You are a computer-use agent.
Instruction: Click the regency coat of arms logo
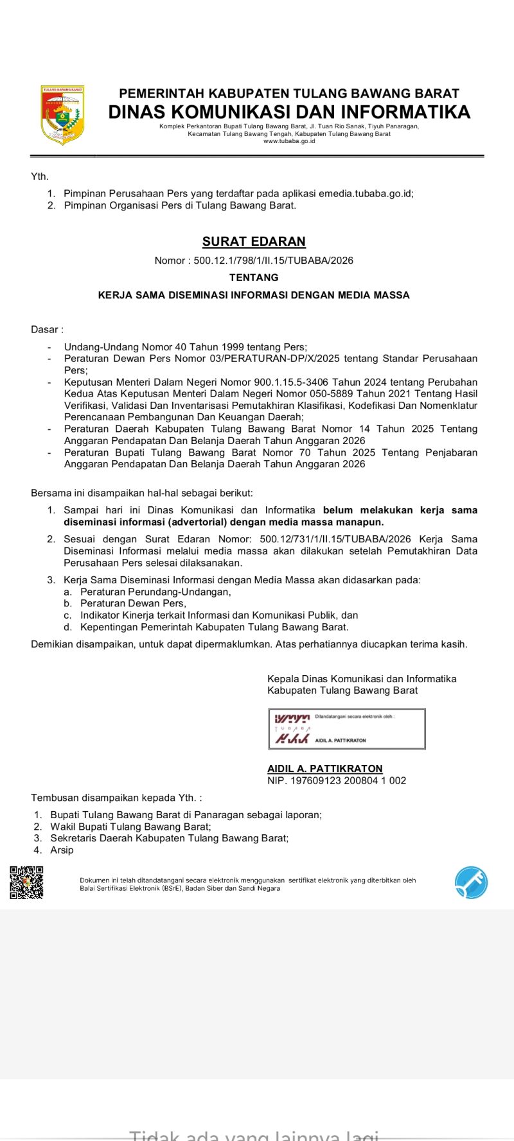62,116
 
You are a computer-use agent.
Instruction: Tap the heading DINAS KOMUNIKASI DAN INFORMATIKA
289,112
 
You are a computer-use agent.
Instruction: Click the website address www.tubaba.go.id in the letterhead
289,141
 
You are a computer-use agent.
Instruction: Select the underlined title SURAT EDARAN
254,242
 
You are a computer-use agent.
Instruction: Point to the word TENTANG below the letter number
254,278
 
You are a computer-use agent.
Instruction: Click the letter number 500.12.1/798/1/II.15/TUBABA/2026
274,261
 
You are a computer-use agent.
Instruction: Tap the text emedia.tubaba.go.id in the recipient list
365,193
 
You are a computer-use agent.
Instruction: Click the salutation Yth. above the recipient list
40,176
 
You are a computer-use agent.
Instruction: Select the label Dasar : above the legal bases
47,330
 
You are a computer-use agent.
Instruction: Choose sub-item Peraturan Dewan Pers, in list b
133,603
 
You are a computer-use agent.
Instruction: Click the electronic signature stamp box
347,729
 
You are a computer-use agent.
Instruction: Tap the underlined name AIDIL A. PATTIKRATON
325,769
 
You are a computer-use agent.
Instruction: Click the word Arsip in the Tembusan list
62,850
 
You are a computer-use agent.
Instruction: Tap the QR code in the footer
26,882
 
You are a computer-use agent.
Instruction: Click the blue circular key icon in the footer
471,882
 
